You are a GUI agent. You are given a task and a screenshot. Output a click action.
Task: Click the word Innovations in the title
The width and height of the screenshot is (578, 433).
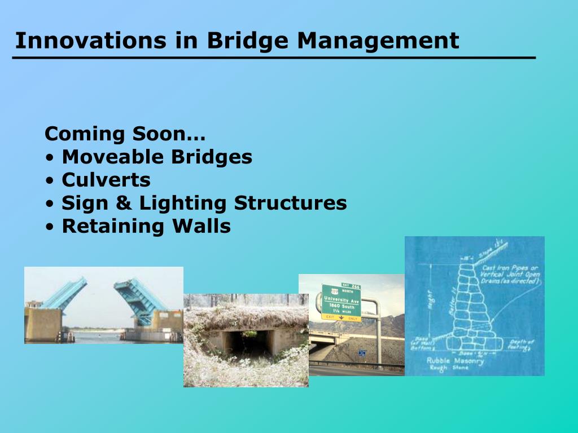tap(90, 41)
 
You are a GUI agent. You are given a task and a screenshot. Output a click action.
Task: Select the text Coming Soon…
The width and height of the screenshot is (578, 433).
tap(125, 134)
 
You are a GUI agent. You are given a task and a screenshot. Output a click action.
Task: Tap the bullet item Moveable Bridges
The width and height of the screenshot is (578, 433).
tap(156, 157)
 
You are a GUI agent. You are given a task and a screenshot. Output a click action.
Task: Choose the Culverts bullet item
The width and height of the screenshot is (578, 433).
tap(106, 180)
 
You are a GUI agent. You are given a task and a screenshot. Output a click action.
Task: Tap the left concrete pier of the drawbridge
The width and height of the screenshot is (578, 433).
tap(43, 324)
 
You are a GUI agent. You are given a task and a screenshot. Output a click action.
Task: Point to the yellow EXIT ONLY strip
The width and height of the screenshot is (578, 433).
tap(340, 318)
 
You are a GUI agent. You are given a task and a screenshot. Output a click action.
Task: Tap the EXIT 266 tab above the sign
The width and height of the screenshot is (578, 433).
tap(351, 286)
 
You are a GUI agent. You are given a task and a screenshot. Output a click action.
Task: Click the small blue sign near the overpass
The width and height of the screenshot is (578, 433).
tap(362, 353)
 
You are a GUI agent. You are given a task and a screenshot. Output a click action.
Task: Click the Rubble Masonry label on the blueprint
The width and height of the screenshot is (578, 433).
tap(455, 361)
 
